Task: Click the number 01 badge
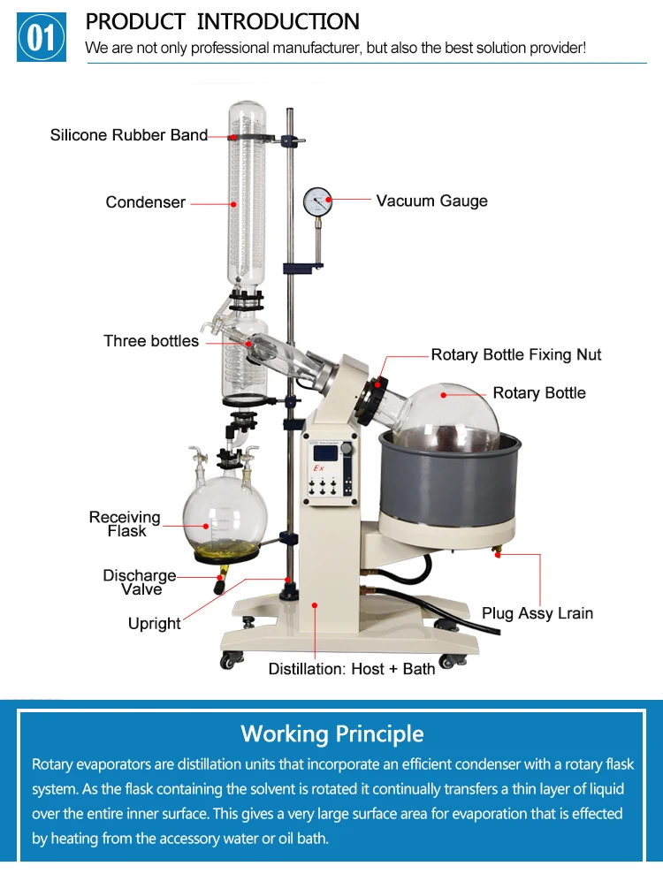click(42, 37)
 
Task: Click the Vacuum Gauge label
click(431, 201)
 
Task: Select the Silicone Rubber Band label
click(128, 135)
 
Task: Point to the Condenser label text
click(145, 202)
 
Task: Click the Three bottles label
click(151, 341)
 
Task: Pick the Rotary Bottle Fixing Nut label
click(515, 354)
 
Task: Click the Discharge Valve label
click(140, 582)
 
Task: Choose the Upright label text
click(154, 624)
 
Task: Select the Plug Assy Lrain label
click(537, 613)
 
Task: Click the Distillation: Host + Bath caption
click(352, 669)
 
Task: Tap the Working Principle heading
click(331, 733)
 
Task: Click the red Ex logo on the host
click(319, 466)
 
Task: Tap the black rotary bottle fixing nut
click(370, 400)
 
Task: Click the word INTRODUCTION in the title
click(278, 21)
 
